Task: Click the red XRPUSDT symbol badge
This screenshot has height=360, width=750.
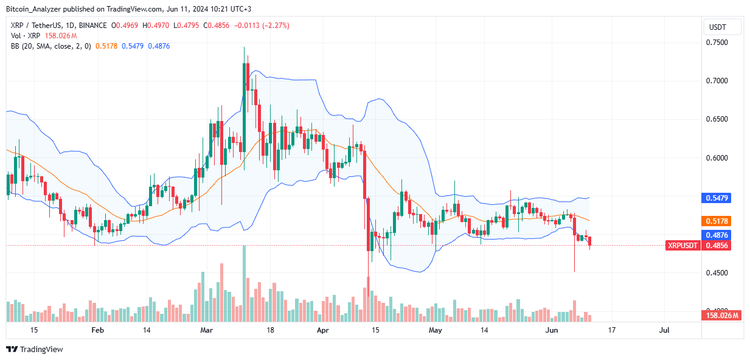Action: pos(683,246)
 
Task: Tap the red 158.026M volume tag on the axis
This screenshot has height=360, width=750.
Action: pos(723,316)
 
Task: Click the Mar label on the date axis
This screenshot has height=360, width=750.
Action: pos(207,330)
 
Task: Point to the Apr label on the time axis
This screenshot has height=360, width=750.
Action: pos(322,330)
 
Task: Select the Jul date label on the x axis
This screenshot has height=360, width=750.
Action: pos(664,330)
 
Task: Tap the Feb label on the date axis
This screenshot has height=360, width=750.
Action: pos(96,330)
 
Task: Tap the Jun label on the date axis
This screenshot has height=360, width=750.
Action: pos(551,330)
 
